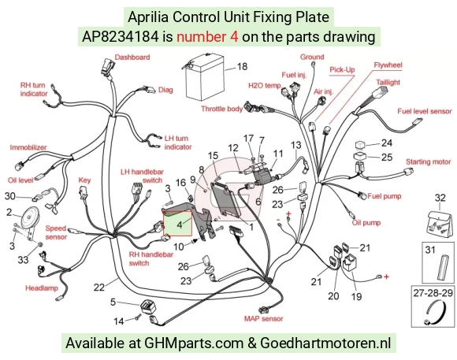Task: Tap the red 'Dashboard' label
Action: coord(132,58)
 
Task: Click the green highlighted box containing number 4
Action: coord(177,223)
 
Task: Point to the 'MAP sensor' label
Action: coord(263,318)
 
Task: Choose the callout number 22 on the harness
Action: coord(99,287)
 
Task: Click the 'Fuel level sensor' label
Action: coord(425,111)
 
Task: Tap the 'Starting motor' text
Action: coord(428,161)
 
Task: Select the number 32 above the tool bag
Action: coord(440,198)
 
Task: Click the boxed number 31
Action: coord(430,250)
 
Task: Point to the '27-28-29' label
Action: coord(433,292)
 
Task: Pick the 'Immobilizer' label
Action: coord(28,147)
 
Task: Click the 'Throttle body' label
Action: coord(221,109)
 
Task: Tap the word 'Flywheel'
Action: coord(388,65)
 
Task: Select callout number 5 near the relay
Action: coord(113,302)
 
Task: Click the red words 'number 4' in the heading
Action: coord(207,37)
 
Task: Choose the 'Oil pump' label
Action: coord(366,223)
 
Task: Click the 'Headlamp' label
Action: coord(42,288)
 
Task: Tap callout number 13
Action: coord(295,145)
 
